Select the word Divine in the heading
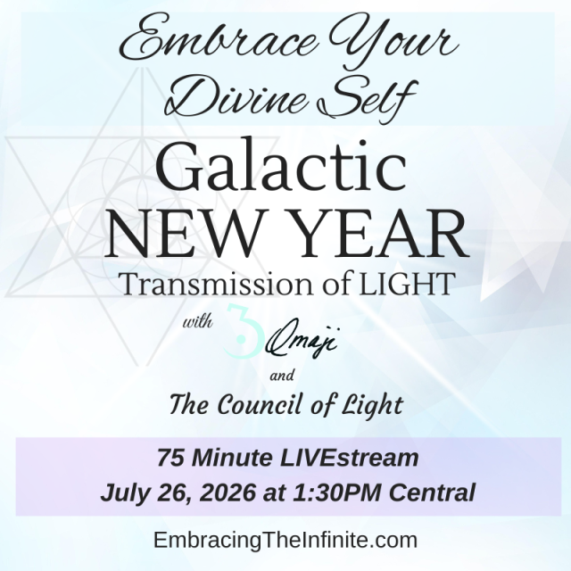[234, 96]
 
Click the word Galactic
[281, 169]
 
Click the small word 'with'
[197, 322]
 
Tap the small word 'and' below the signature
[282, 375]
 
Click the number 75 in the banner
[170, 458]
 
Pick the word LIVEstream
[349, 458]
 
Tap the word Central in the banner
[432, 492]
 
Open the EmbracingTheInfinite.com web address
[285, 540]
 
